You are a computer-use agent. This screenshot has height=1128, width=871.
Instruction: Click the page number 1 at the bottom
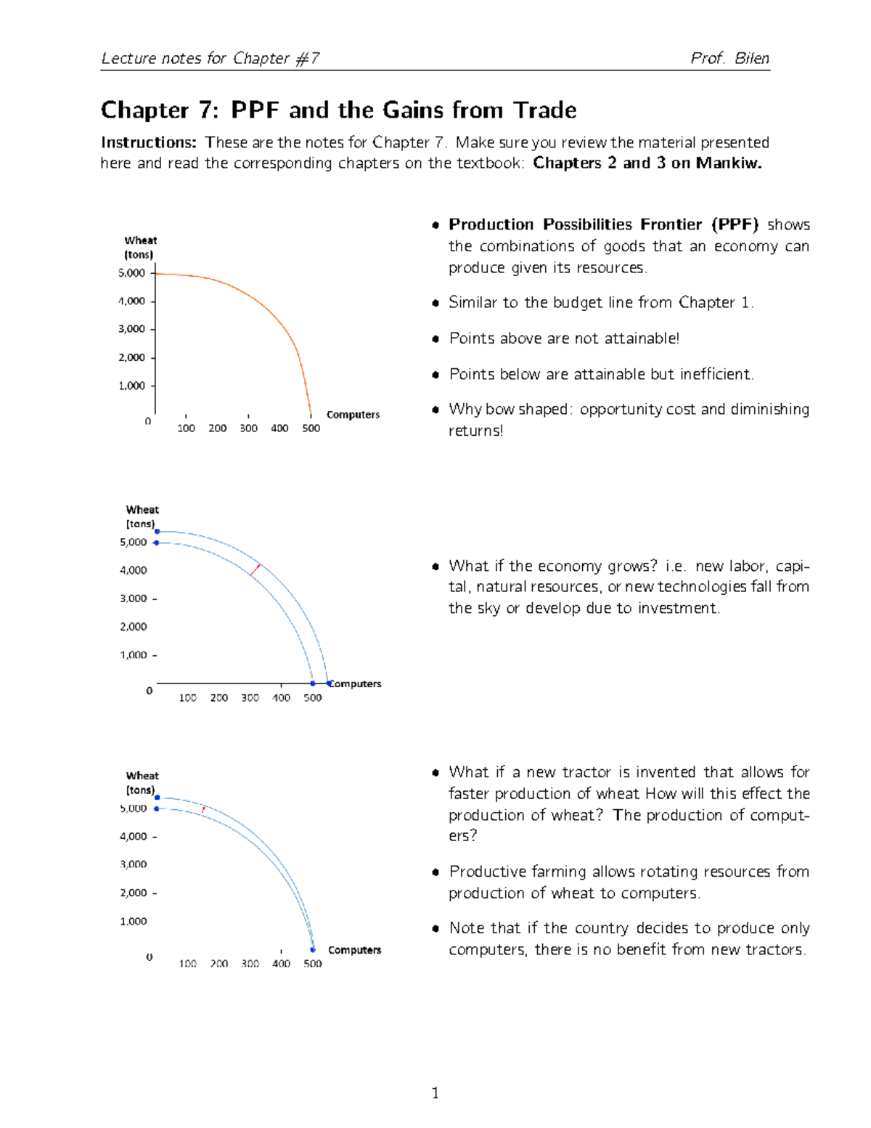click(435, 1093)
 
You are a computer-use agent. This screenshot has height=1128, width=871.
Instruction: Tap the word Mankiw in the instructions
click(728, 163)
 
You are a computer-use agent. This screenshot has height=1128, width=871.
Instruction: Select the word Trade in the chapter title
click(544, 110)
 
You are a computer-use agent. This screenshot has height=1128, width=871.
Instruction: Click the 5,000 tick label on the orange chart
click(131, 273)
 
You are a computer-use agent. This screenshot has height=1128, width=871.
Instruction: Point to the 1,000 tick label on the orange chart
click(131, 386)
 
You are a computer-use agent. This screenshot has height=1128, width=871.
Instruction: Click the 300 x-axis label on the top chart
click(248, 429)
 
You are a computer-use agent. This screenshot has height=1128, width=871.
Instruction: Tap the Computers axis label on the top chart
click(353, 415)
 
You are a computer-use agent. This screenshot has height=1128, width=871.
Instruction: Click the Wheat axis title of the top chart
click(140, 240)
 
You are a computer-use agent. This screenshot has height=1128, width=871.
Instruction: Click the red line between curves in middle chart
click(255, 570)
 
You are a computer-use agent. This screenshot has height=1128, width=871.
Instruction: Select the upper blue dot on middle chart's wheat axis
click(157, 532)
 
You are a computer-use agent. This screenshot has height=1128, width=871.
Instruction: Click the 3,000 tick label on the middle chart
click(133, 599)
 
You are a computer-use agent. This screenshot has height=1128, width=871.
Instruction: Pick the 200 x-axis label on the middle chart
click(218, 698)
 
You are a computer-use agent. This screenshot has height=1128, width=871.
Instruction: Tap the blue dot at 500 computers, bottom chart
click(313, 949)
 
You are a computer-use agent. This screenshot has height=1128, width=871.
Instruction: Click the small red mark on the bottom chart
click(203, 809)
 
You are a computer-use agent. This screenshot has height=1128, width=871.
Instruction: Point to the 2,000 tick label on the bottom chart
click(133, 893)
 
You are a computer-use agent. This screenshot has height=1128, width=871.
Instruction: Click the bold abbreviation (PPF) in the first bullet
click(735, 224)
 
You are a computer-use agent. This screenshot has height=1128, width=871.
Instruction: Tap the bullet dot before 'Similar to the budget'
click(435, 304)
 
